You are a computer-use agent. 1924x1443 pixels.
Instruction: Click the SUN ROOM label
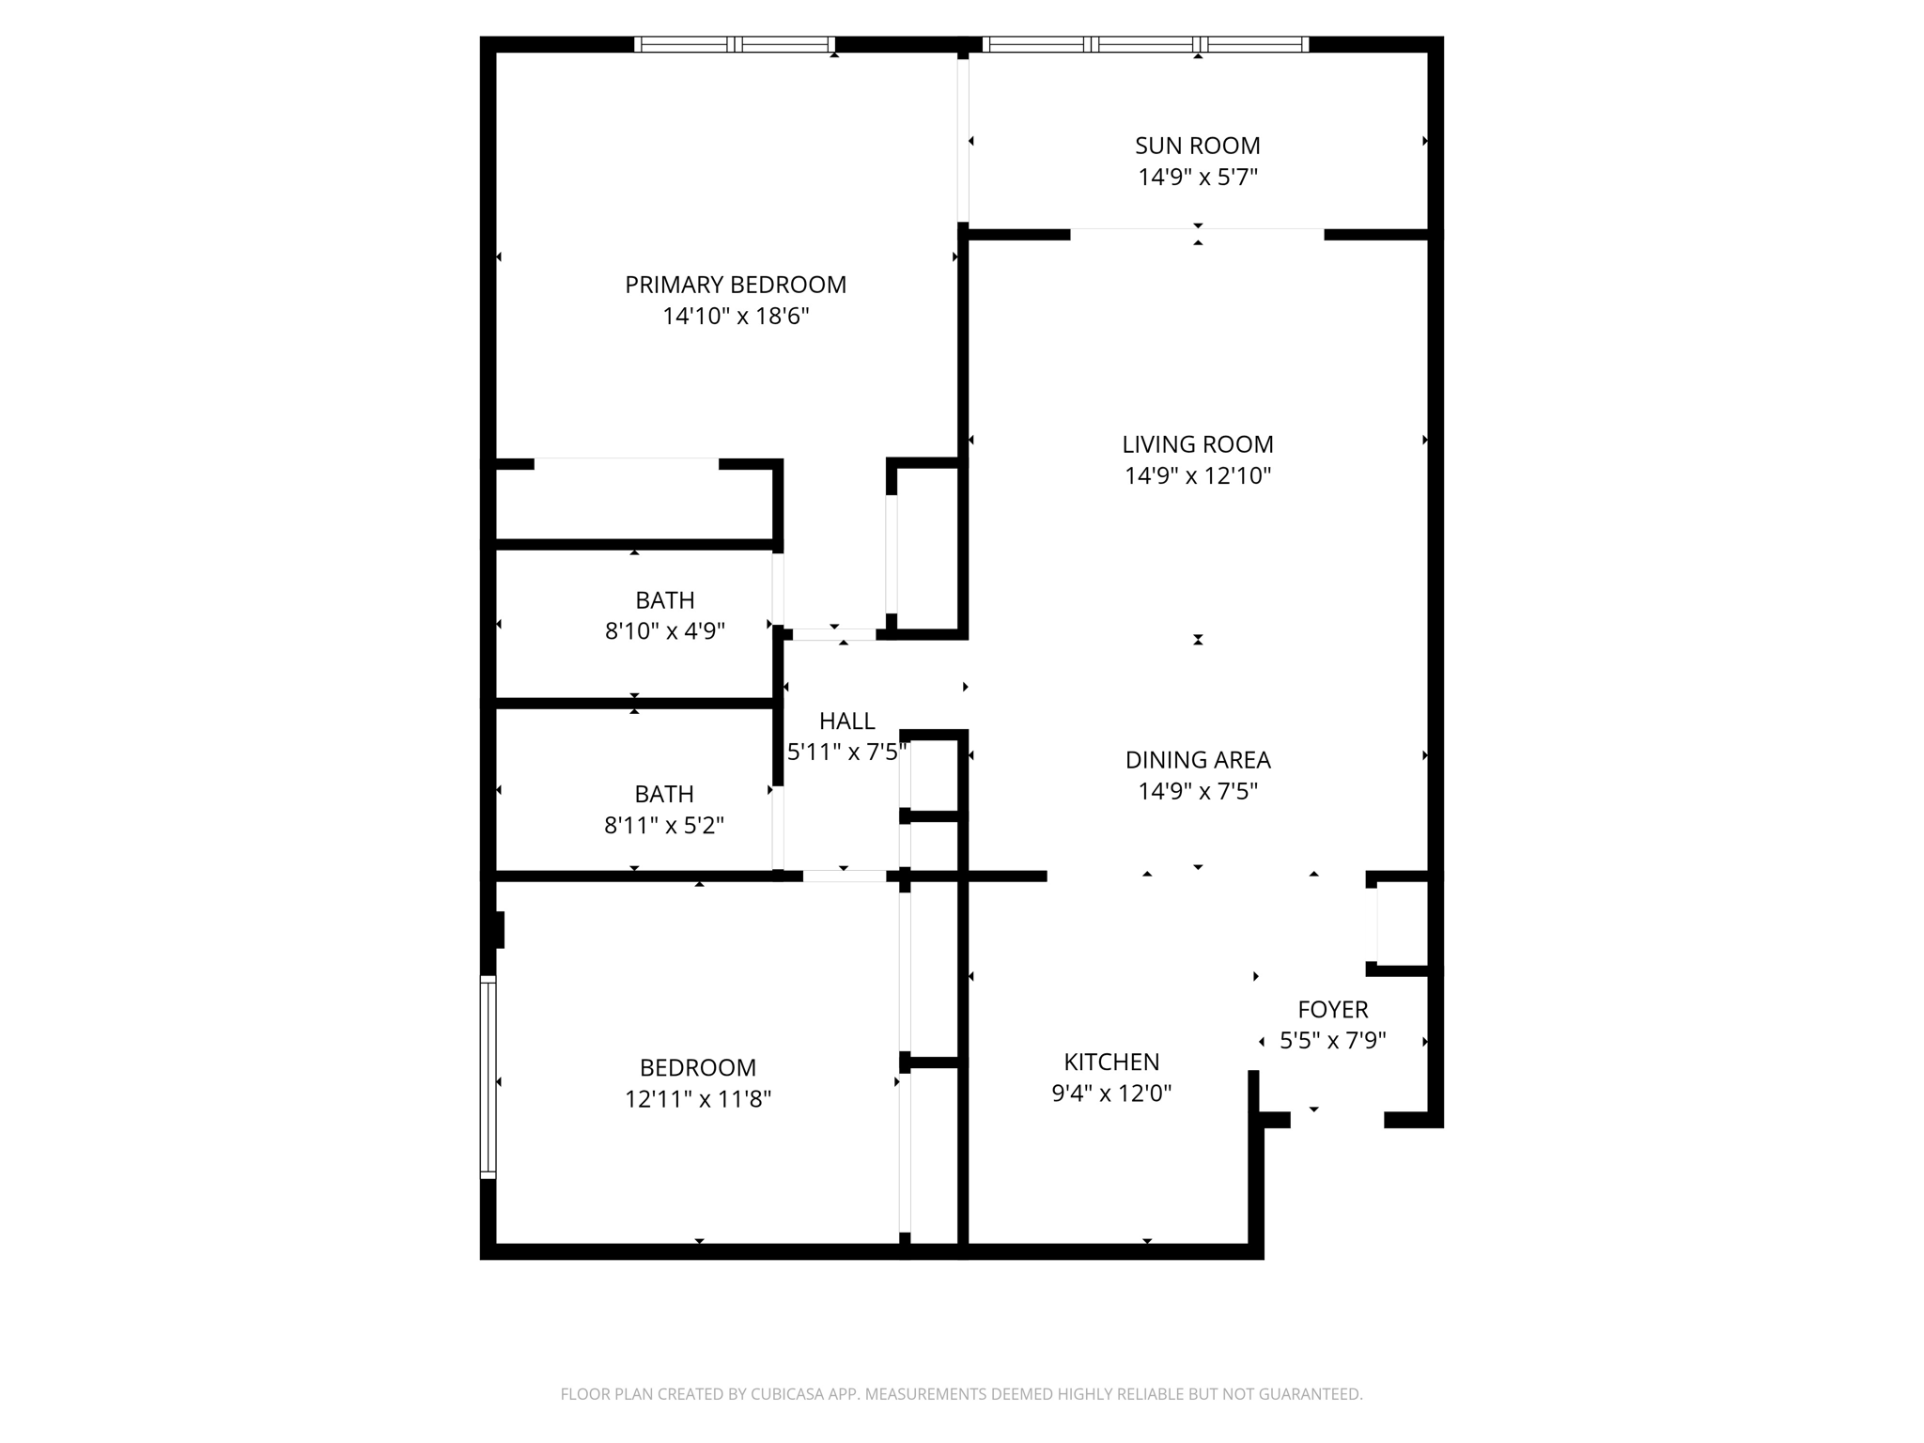[x=1197, y=146]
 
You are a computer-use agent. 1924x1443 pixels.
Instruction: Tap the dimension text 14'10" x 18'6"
[x=736, y=317]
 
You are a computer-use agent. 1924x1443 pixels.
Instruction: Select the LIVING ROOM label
[x=1197, y=444]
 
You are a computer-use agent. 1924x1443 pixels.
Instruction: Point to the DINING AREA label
[x=1197, y=760]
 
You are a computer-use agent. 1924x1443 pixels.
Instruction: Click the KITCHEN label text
[x=1110, y=1063]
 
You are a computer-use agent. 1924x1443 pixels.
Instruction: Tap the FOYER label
[x=1332, y=1010]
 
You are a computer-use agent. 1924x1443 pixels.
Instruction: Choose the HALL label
[x=846, y=721]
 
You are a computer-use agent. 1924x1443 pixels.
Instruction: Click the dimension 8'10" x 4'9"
[x=664, y=631]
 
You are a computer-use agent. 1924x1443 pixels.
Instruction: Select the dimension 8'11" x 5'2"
[x=663, y=826]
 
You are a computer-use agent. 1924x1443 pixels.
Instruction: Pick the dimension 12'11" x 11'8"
[x=697, y=1099]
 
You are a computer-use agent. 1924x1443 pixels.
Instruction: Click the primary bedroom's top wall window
[x=735, y=44]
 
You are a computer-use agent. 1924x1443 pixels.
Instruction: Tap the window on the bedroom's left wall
[x=488, y=1077]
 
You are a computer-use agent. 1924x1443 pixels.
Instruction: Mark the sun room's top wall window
[x=1145, y=44]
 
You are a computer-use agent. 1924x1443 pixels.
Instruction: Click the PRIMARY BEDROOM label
[x=736, y=285]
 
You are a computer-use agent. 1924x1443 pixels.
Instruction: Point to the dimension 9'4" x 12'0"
[x=1110, y=1094]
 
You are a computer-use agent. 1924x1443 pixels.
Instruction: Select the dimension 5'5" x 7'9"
[x=1332, y=1041]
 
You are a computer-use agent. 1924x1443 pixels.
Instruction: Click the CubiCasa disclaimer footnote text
[x=961, y=1394]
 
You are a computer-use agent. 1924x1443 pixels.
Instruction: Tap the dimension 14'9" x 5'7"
[x=1197, y=178]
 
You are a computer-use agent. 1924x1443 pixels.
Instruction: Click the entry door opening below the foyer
[x=1337, y=1119]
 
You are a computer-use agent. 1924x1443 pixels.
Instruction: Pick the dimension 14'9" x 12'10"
[x=1197, y=476]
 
